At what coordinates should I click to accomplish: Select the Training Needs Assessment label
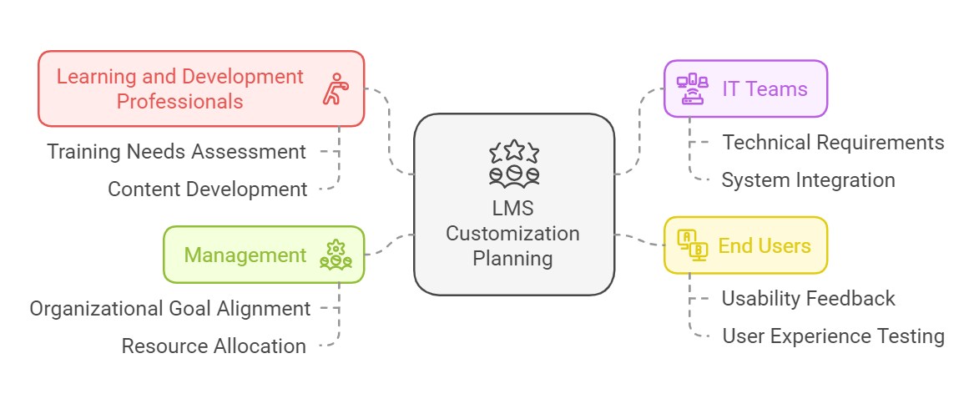pos(176,152)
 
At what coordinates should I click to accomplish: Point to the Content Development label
pos(207,189)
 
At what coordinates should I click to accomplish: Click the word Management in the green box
pos(245,255)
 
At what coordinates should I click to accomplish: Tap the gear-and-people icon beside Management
pos(336,255)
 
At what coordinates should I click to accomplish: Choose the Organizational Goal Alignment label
pos(170,309)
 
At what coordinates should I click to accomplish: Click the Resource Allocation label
pos(214,346)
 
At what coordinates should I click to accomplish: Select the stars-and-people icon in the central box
pos(514,163)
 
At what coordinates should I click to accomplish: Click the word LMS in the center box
pos(512,209)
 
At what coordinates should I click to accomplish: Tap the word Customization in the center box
pos(512,234)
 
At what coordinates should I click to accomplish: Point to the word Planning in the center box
pos(512,259)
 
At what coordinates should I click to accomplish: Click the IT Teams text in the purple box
pos(765,88)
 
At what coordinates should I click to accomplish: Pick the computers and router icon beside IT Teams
pos(692,88)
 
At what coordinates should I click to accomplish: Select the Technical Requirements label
pos(833,143)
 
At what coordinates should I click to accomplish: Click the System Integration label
pos(808,180)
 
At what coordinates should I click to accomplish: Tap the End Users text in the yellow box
pos(765,245)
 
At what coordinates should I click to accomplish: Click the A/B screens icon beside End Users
pos(692,245)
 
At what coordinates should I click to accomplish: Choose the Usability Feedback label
pos(808,299)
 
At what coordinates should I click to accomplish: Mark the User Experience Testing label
pos(833,336)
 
